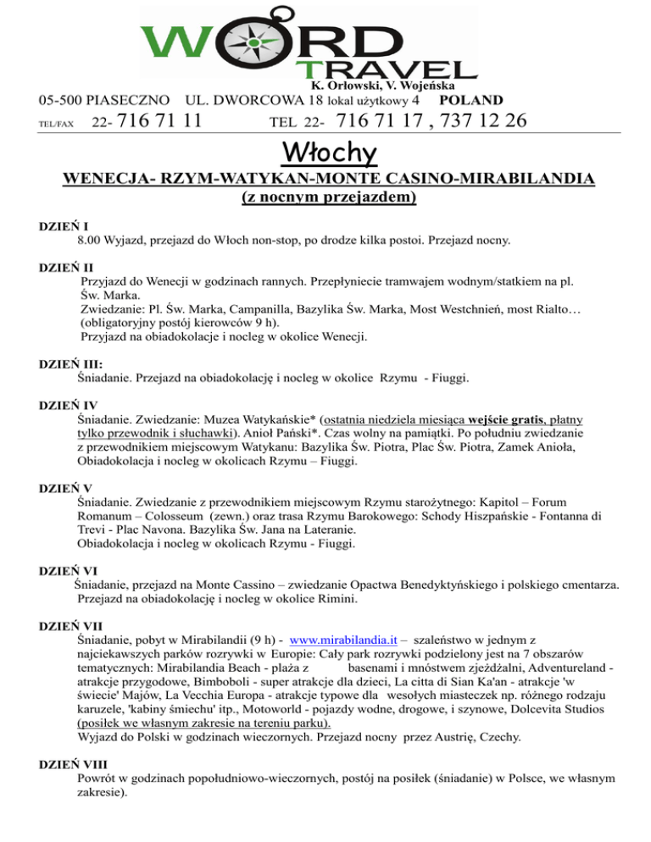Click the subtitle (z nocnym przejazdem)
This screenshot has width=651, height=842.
(325, 199)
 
